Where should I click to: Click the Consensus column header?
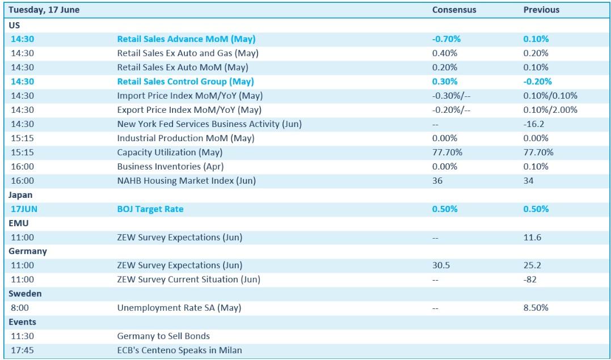coord(454,10)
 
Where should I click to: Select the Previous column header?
coord(541,10)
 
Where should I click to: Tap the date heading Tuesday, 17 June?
coord(44,10)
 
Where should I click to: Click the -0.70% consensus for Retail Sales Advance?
coord(446,39)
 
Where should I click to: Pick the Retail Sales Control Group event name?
coord(186,82)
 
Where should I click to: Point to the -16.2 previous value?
coord(533,124)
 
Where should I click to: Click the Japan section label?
coord(20,195)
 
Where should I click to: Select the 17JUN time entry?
coord(24,209)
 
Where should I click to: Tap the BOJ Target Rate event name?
coord(150,209)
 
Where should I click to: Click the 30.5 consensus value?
coord(441,265)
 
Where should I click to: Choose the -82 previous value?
coord(530,279)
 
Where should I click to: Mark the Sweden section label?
coord(25,293)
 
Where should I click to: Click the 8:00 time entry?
coord(20,308)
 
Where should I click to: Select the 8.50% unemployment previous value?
coord(536,308)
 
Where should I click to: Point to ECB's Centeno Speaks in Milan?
coord(180,350)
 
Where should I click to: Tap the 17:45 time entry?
coord(22,350)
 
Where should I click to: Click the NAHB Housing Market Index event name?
coord(187,181)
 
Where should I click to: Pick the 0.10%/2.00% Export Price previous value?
coord(550,110)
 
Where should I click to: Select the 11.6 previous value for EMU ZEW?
coord(532,238)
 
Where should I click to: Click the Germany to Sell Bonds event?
coord(163,336)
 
